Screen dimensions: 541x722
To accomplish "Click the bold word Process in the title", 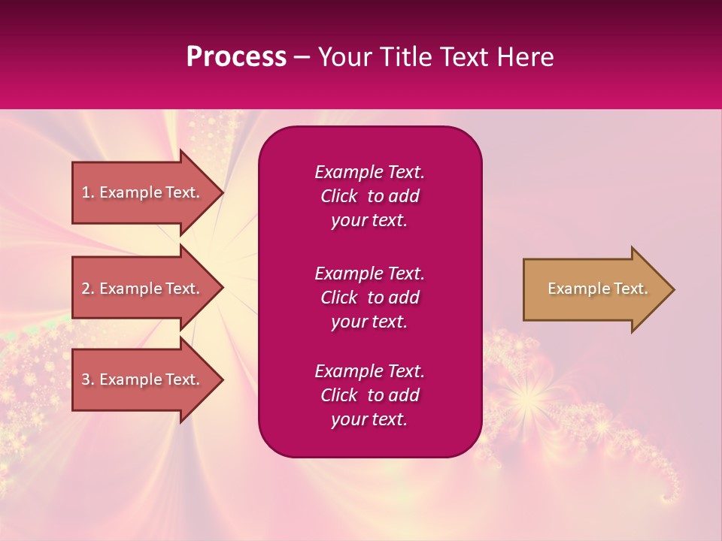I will [x=236, y=57].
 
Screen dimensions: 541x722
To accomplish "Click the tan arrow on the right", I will [x=594, y=289].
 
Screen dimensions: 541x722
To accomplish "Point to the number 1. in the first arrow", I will [x=88, y=192].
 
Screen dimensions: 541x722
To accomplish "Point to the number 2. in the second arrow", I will [x=88, y=289].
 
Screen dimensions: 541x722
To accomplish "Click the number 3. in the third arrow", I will [x=88, y=379].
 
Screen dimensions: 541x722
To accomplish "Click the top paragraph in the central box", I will [x=369, y=196].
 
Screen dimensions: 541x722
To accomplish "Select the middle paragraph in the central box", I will [x=369, y=298].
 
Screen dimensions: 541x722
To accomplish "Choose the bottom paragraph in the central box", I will [x=369, y=395].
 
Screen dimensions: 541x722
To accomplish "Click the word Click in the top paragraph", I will [x=338, y=196].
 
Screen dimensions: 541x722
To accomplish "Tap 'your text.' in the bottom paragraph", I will [x=369, y=420].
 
